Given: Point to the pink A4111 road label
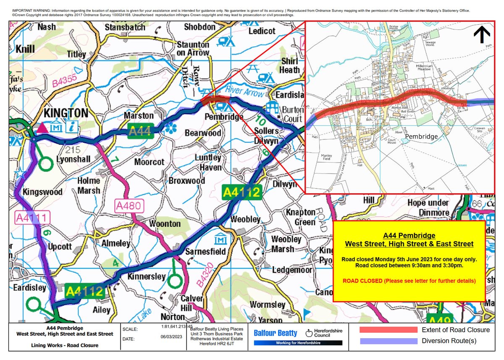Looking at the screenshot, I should (32, 217).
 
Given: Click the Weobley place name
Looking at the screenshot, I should (246, 219).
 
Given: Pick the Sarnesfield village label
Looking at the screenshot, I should (206, 252).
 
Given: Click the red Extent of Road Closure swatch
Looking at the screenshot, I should (388, 330).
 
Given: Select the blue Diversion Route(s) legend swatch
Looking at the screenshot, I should (388, 341).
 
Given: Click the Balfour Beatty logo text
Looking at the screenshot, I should (276, 334).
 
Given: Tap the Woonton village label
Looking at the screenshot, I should (165, 223).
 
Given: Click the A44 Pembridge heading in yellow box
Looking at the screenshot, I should (409, 236).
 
